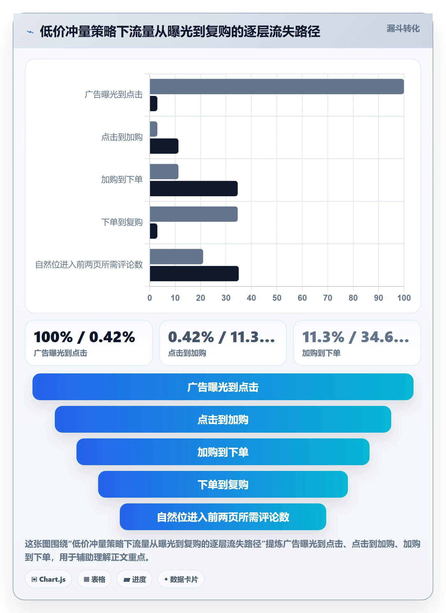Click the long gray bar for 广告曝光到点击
[277, 87]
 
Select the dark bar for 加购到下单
[194, 189]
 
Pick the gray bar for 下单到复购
[194, 214]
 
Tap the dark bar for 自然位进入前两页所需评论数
[194, 274]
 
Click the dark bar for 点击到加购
[164, 146]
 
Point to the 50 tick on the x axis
[277, 298]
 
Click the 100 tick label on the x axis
[404, 298]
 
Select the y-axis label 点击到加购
[122, 137]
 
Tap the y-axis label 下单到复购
[122, 222]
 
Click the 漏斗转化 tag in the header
[403, 29]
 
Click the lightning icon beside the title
[30, 32]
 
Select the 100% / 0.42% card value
[84, 337]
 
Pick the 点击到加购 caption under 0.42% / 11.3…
[187, 353]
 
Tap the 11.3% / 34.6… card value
[356, 337]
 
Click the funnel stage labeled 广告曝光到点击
[223, 387]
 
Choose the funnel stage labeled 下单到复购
[223, 484]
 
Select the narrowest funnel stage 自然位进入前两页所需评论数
[223, 517]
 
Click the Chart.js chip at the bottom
[48, 579]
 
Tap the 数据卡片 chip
[181, 579]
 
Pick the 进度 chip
[134, 579]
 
